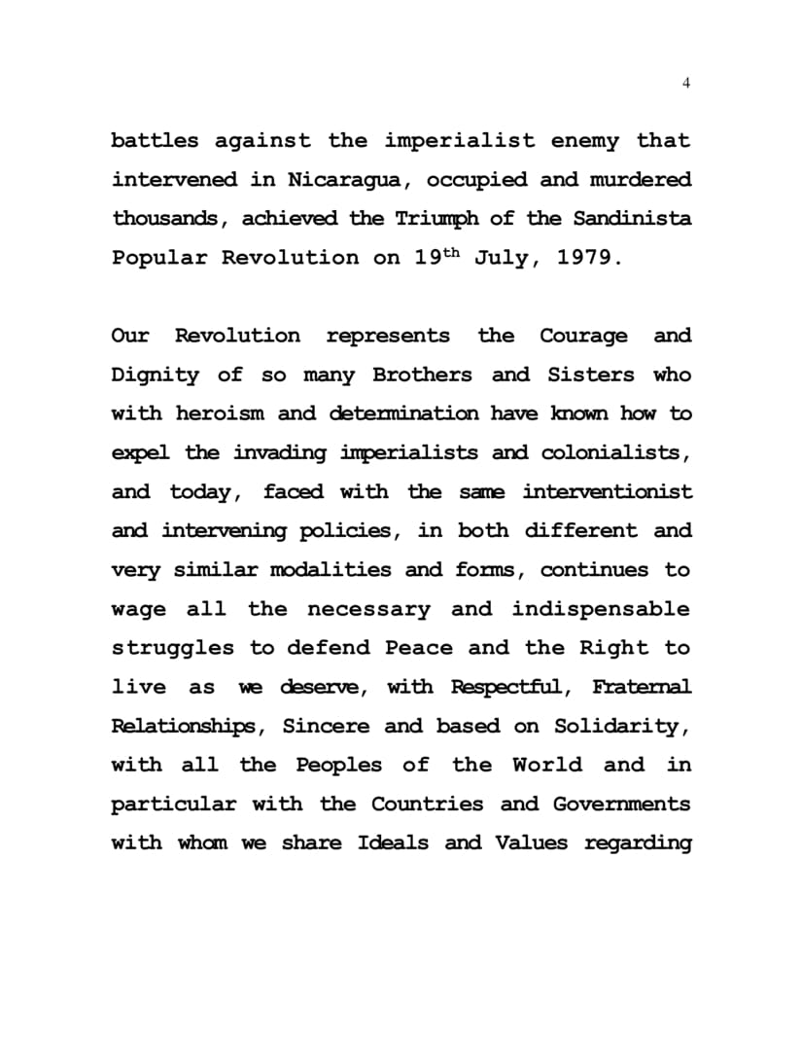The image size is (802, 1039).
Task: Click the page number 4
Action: (x=686, y=83)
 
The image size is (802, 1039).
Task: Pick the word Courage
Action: (x=583, y=336)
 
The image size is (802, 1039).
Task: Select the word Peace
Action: (x=419, y=648)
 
